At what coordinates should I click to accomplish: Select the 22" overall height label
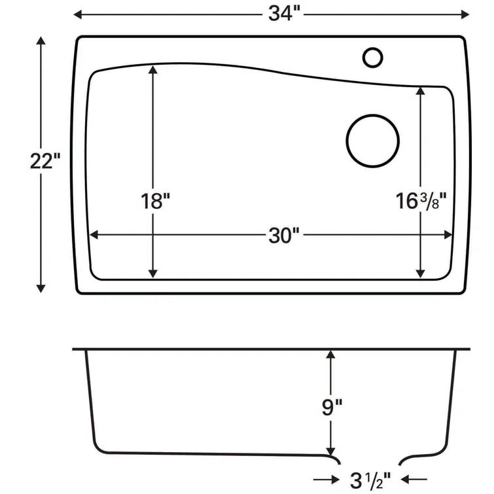[44, 161]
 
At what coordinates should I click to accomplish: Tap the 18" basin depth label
[154, 202]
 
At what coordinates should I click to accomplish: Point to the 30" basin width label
[283, 236]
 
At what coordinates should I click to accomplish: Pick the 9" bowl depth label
[332, 408]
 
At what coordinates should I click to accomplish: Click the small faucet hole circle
[372, 57]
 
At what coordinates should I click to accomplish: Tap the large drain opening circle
[372, 141]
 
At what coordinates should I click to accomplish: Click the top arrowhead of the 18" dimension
[153, 71]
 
